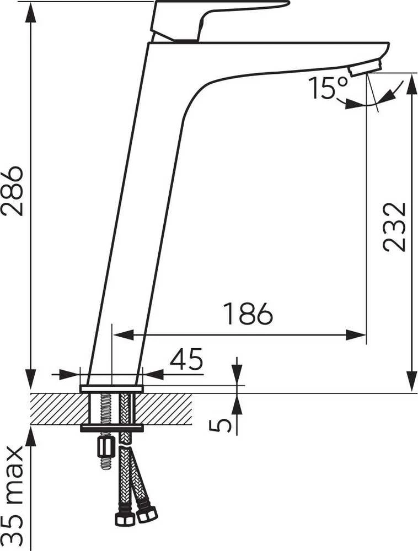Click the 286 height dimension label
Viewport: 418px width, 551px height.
click(12, 191)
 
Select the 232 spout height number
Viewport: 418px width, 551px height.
click(394, 226)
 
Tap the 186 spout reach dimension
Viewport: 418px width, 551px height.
click(248, 313)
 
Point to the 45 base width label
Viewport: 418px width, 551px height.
click(186, 359)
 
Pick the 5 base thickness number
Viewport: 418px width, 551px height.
click(221, 425)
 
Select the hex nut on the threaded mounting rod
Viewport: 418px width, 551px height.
click(105, 446)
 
